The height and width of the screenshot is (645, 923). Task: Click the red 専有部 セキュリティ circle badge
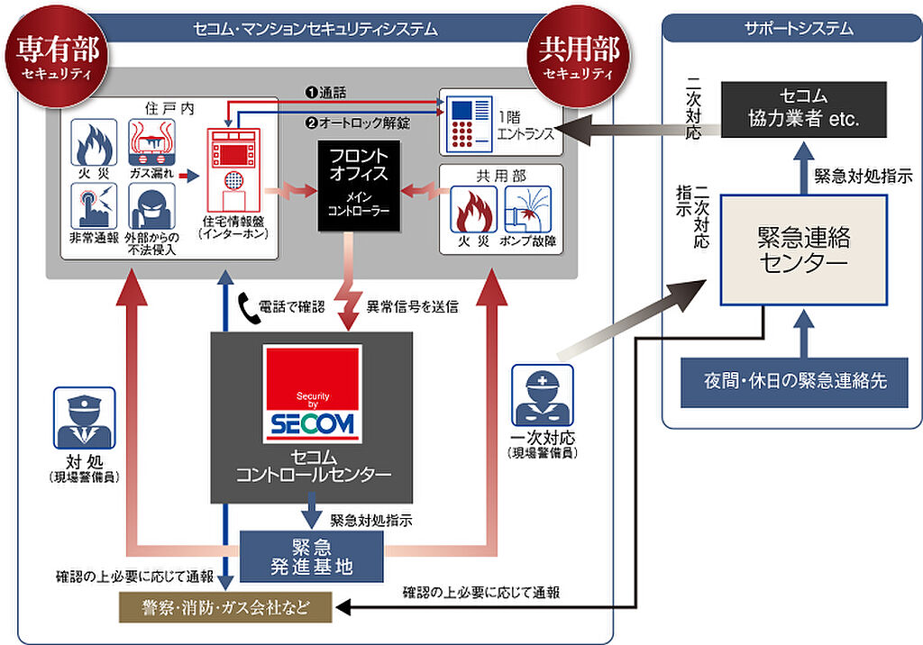(x=57, y=57)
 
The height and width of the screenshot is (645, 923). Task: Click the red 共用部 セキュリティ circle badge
(x=579, y=57)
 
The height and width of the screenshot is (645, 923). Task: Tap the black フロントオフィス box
(x=359, y=186)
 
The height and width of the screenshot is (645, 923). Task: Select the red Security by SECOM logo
(x=313, y=394)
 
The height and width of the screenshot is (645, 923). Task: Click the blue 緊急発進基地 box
(x=311, y=557)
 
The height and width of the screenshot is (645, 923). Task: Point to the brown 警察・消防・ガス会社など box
(x=225, y=607)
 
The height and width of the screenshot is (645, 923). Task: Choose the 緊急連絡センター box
(x=803, y=250)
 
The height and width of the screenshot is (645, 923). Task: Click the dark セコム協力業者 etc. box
(x=803, y=110)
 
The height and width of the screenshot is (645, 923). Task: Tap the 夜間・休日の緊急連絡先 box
(x=795, y=381)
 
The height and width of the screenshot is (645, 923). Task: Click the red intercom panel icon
(x=233, y=170)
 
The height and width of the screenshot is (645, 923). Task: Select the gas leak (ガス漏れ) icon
(x=151, y=142)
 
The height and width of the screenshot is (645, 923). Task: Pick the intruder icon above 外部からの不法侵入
(x=151, y=206)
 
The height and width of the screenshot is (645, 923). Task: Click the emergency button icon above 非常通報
(x=94, y=206)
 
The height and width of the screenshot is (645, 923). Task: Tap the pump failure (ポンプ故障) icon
(x=528, y=210)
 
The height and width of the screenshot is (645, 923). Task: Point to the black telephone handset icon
(x=249, y=309)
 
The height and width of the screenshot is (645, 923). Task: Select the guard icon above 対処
(x=84, y=418)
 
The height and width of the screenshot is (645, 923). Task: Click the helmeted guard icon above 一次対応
(x=542, y=395)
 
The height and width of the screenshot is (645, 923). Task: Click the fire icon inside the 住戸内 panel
(x=94, y=142)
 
